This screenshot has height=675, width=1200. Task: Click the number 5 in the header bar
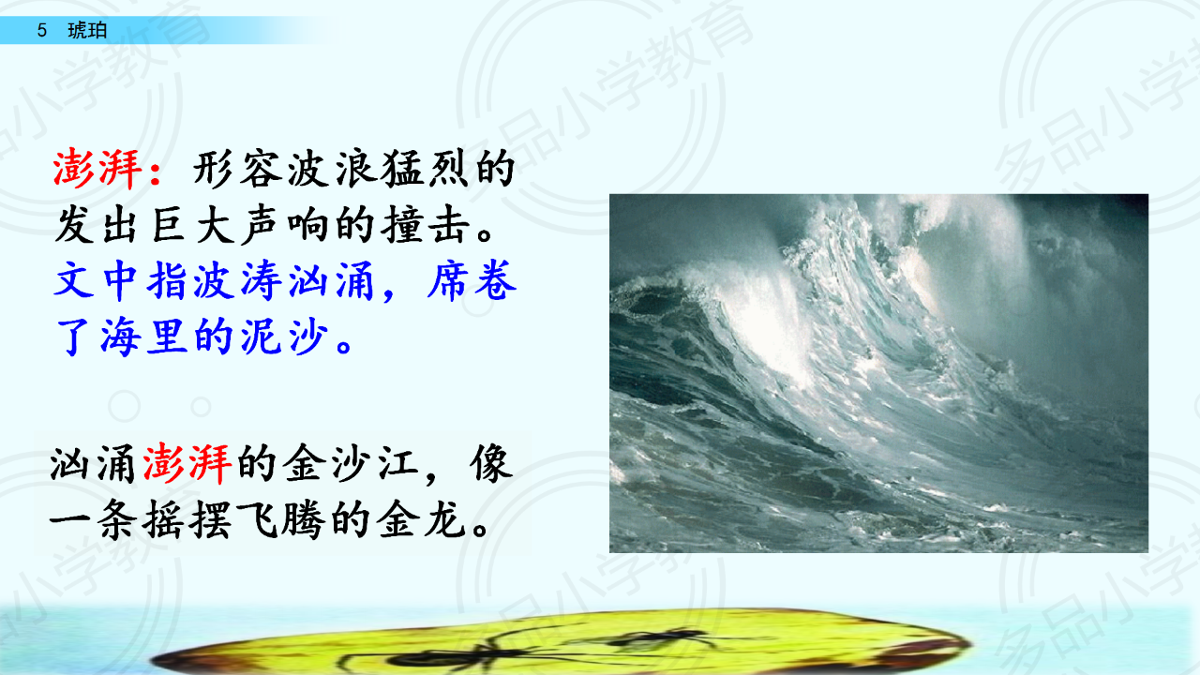[x=42, y=31]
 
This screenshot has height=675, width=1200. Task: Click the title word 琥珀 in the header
[x=87, y=31]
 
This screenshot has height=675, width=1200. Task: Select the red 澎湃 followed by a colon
[x=107, y=170]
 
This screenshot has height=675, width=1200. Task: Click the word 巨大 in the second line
[x=193, y=225]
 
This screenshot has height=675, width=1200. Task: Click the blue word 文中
[x=97, y=280]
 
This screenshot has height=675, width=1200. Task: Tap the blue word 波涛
[x=237, y=280]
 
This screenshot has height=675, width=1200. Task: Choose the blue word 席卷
[x=472, y=280]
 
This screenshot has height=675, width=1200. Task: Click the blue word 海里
[x=143, y=337]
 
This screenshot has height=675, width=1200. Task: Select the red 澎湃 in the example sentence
[x=187, y=464]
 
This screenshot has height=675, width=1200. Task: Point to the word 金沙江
[x=351, y=464]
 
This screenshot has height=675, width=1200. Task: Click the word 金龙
[x=421, y=519]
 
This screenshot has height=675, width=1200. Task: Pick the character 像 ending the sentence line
[x=491, y=464]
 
